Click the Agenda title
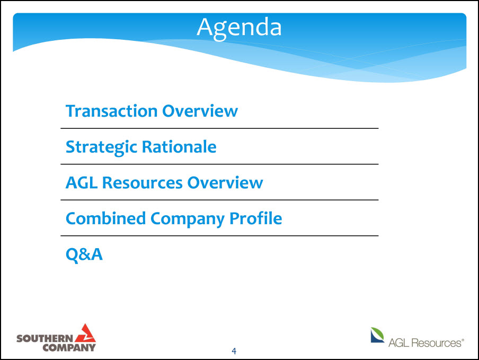(239, 28)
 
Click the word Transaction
(111, 111)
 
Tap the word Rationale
(179, 147)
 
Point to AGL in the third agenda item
(82, 183)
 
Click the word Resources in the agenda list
(143, 183)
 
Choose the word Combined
(105, 218)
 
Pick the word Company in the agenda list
(188, 219)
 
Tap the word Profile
(256, 218)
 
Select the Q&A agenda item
(84, 254)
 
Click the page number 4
(234, 351)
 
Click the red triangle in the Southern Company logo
(85, 333)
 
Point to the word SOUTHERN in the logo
(45, 338)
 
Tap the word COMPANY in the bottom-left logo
(69, 347)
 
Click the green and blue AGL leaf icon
(377, 335)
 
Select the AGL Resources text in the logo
(426, 343)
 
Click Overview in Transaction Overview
(200, 111)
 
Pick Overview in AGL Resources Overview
(225, 183)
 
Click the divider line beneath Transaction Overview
(219, 128)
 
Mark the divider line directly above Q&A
(219, 235)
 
